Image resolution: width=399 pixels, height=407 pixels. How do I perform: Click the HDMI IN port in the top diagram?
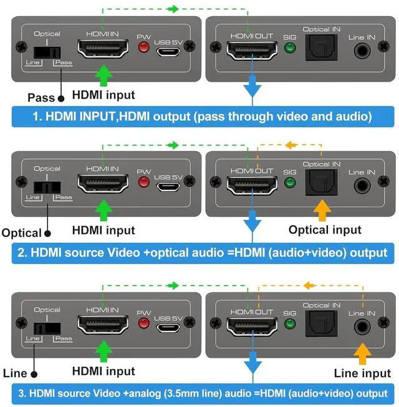102,49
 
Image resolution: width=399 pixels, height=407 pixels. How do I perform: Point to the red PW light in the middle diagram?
145,183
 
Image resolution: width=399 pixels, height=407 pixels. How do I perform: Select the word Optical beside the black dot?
21,233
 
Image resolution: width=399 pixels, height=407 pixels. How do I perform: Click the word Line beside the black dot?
14,373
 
